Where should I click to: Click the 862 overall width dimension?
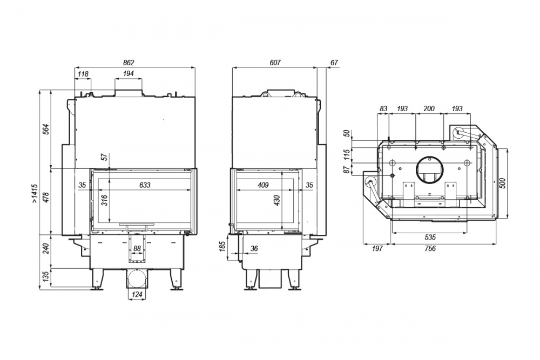coord(129,63)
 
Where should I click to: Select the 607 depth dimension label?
coord(275,63)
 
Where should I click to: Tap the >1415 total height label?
coord(35,194)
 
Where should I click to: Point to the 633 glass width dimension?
coord(145,185)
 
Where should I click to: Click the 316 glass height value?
coord(105,200)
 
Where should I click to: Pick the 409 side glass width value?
coord(263,185)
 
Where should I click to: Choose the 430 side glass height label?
coord(277,200)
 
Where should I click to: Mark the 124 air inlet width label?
coord(137,295)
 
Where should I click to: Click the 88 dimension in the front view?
coord(137,248)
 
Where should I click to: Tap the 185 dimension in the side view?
coord(222,246)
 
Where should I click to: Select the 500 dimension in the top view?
coord(502,184)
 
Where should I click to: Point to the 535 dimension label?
coord(430,237)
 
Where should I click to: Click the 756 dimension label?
coord(430,248)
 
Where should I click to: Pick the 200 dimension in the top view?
coord(429,109)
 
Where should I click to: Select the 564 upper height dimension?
coord(47,128)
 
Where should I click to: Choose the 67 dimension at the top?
coord(334,63)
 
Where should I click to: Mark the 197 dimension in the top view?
coord(377,248)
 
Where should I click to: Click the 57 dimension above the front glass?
coord(105,157)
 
